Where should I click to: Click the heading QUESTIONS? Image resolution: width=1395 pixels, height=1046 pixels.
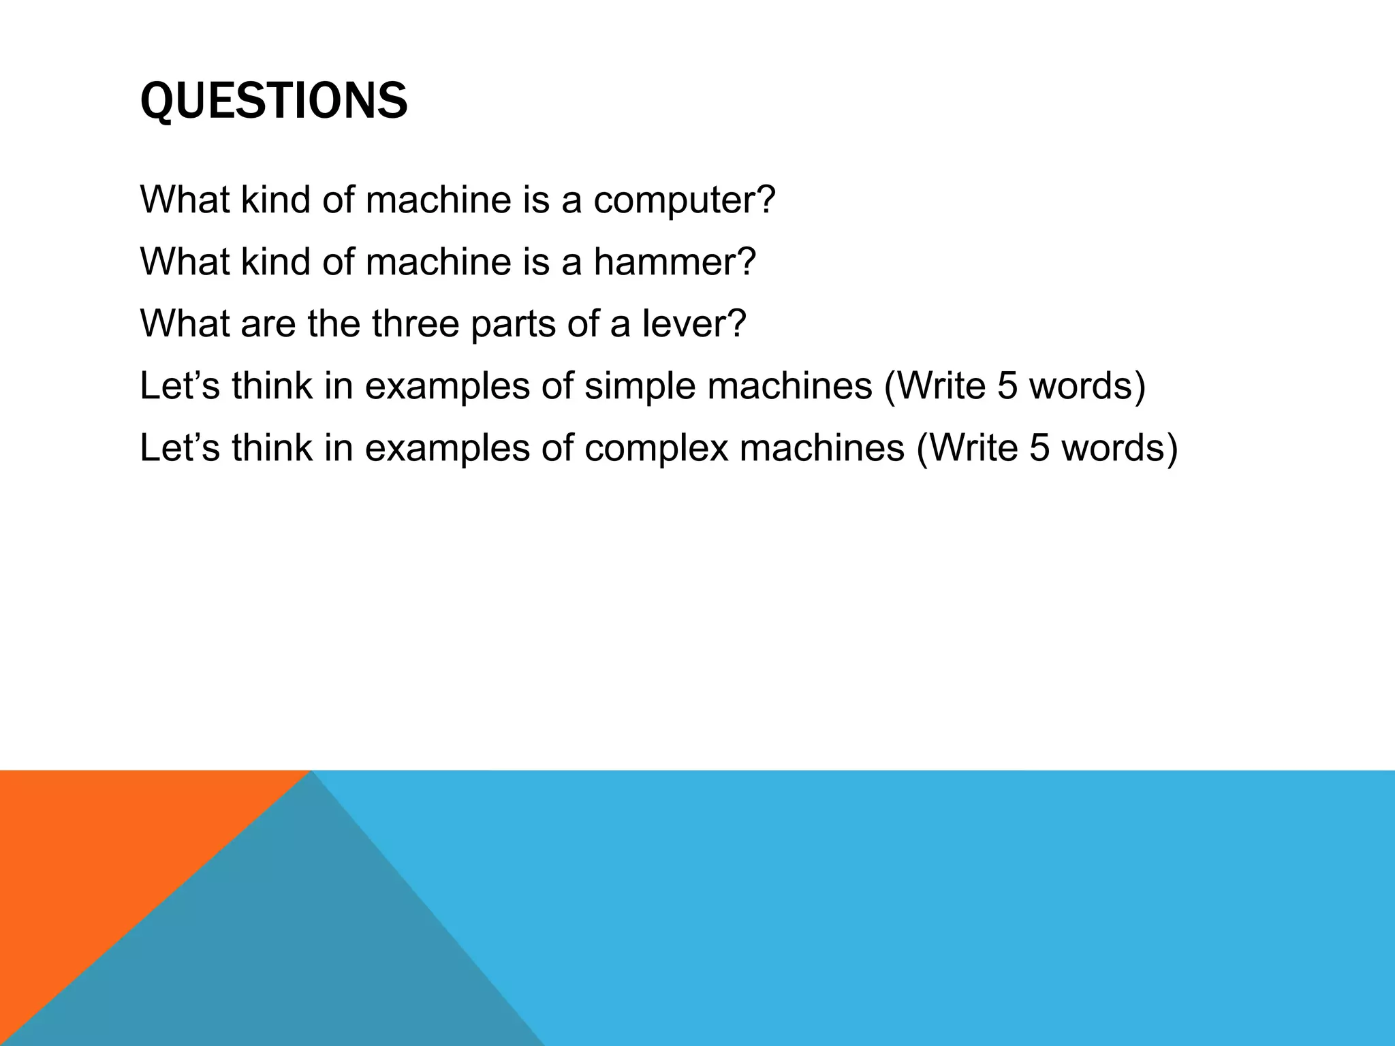(x=274, y=101)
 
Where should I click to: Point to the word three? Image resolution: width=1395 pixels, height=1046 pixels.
(x=415, y=324)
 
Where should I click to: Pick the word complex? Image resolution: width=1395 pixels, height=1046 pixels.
(x=656, y=448)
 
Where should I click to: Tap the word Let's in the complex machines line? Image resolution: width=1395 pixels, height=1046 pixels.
(x=180, y=448)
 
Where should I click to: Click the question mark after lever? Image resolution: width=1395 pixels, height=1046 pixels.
(x=736, y=324)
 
